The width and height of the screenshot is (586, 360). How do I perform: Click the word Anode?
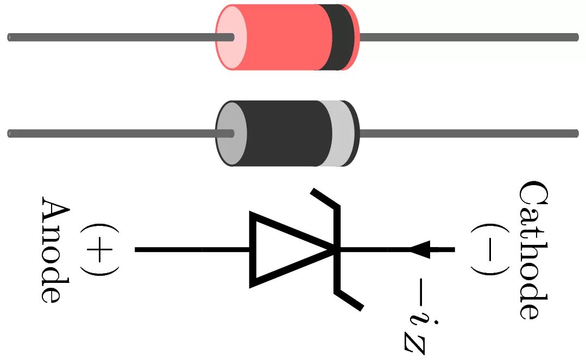point(55,250)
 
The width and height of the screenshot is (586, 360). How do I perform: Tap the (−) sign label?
point(488,250)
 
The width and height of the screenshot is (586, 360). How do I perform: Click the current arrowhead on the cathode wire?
point(421,250)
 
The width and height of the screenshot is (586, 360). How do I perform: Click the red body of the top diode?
point(282,37)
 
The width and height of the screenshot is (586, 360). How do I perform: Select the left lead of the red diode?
point(109,37)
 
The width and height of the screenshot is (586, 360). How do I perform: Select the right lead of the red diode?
point(467,37)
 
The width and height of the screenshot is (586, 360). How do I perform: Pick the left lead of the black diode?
point(109,134)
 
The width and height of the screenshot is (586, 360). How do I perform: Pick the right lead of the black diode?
point(467,134)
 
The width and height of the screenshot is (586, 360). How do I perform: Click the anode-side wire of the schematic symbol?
point(190,250)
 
